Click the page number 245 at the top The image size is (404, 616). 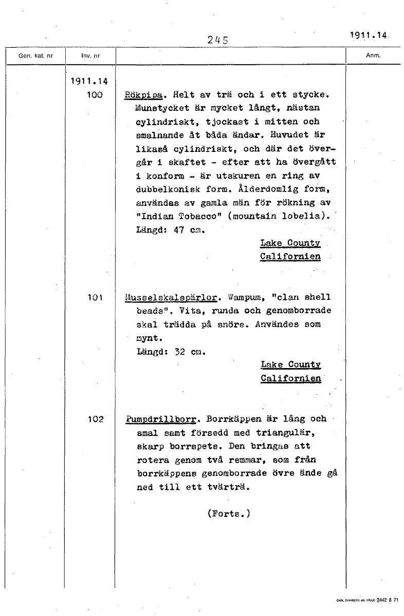point(217,40)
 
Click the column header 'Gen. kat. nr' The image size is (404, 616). point(35,55)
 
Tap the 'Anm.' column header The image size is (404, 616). point(373,55)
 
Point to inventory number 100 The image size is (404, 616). point(95,95)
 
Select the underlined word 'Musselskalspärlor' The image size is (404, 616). point(170,298)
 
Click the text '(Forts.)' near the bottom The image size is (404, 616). point(228,513)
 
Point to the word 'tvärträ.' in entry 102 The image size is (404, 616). point(229,487)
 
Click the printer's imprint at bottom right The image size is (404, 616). point(368,600)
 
